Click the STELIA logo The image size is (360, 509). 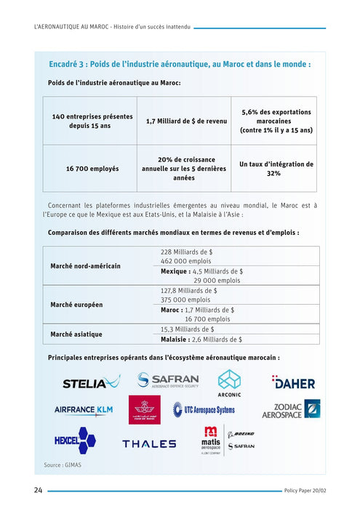coord(91,382)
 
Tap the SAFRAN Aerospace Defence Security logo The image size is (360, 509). coord(167,380)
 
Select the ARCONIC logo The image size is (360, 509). coord(230,382)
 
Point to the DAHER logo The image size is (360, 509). coord(293,382)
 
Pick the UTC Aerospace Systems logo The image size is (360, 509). coord(204,410)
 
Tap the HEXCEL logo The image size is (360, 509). coord(75,440)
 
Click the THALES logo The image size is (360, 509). coord(149,443)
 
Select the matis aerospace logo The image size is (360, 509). coord(211,439)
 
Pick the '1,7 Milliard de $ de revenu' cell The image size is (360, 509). coord(186,121)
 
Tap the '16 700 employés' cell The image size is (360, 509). coord(92,169)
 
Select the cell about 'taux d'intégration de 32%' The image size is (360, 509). coord(276,169)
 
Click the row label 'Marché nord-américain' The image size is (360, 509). coord(86,266)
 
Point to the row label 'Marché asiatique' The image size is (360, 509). coord(76,334)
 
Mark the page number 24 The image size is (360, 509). coord(37,490)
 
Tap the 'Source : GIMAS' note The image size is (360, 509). coord(63,464)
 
